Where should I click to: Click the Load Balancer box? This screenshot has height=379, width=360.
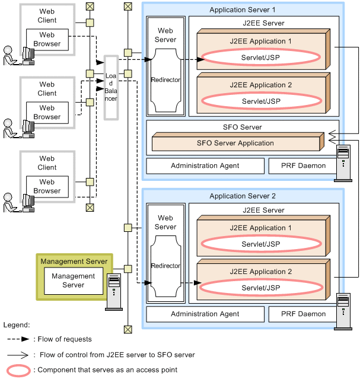tap(111, 87)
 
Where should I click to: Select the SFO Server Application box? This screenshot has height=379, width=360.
tap(235, 143)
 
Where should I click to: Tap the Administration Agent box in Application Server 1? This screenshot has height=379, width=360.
tap(205, 165)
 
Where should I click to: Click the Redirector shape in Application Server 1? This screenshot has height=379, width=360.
tap(165, 80)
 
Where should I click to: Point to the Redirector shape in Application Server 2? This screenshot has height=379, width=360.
tap(165, 266)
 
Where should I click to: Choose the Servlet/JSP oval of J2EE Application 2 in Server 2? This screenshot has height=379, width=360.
tap(261, 288)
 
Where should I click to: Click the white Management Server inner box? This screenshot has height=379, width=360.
tap(73, 281)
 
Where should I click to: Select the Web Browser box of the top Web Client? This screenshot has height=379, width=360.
tap(47, 40)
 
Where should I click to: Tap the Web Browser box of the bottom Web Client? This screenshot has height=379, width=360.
tap(47, 186)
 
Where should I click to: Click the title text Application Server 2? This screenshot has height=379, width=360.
tap(243, 196)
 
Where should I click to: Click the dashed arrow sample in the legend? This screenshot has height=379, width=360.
tap(20, 339)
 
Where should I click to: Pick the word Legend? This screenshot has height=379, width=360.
tap(17, 325)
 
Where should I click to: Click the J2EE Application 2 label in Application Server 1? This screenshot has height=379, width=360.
tap(261, 85)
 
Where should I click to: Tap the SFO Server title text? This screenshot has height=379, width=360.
tap(242, 127)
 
